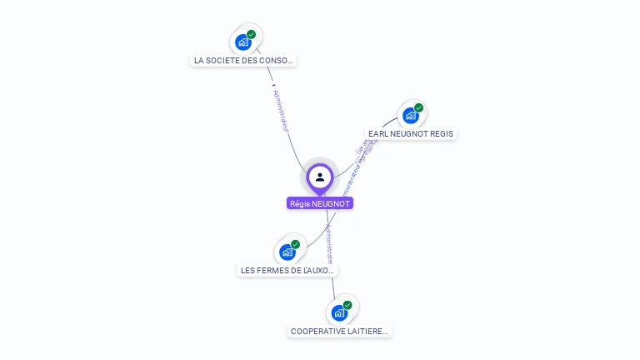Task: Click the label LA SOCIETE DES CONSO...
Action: [x=243, y=61]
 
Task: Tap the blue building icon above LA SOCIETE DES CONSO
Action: [x=242, y=42]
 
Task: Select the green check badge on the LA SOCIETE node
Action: [x=251, y=35]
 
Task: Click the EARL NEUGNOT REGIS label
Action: [x=412, y=133]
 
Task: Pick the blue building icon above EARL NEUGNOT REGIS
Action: [x=410, y=115]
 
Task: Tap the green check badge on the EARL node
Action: [x=418, y=108]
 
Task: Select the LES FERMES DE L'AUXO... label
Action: [x=288, y=270]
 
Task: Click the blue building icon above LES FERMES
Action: [x=287, y=252]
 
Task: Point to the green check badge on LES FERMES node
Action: [x=296, y=245]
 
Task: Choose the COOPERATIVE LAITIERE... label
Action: [x=339, y=331]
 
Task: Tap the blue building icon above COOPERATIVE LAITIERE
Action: [x=338, y=312]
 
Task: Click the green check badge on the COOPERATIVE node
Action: [x=347, y=306]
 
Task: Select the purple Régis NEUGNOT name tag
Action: [x=320, y=203]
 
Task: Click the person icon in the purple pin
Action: [x=320, y=177]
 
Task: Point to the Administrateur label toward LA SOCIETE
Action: [x=282, y=110]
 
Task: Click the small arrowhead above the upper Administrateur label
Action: [x=273, y=84]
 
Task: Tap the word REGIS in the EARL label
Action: [x=442, y=133]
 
